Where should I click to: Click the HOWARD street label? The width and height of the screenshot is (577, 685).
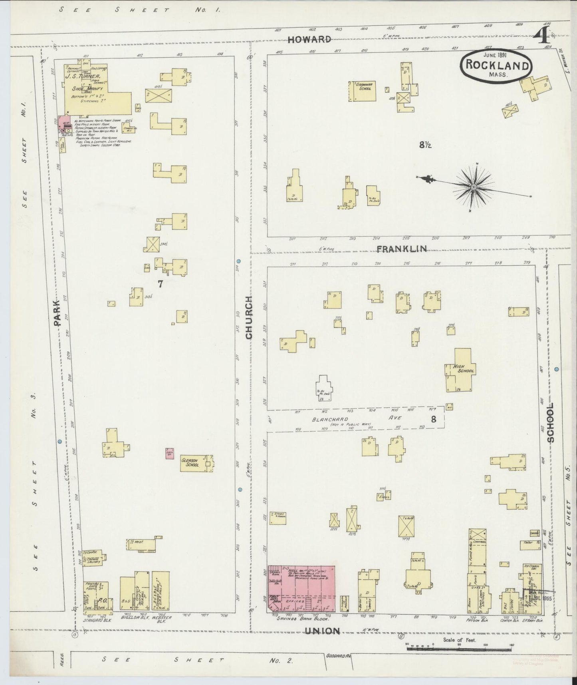pyautogui.click(x=309, y=39)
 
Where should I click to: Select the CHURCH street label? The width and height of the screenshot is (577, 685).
pyautogui.click(x=249, y=318)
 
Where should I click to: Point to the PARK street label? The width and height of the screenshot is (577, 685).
pyautogui.click(x=58, y=313)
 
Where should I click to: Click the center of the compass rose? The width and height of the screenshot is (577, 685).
pyautogui.click(x=474, y=187)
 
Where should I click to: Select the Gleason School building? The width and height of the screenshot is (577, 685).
pyautogui.click(x=196, y=463)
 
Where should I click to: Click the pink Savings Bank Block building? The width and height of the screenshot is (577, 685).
pyautogui.click(x=301, y=589)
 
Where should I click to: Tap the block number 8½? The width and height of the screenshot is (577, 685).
pyautogui.click(x=425, y=145)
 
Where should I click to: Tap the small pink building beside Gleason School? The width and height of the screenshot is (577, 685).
pyautogui.click(x=170, y=453)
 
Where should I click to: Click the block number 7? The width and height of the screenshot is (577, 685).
pyautogui.click(x=161, y=284)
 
